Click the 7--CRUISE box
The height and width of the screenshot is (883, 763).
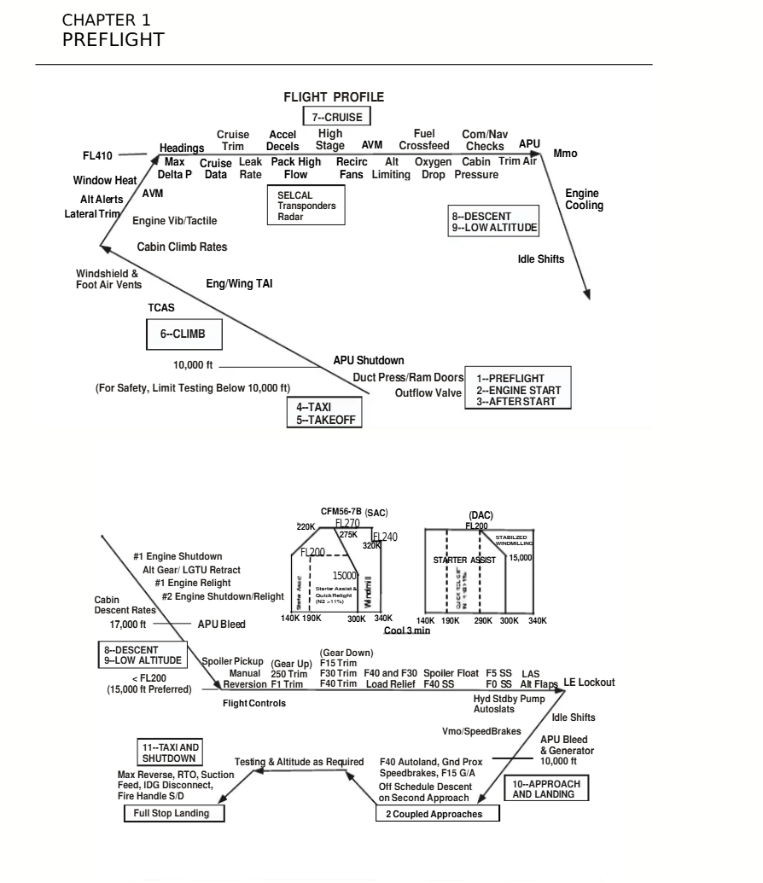337,116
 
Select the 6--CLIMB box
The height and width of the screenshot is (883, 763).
183,334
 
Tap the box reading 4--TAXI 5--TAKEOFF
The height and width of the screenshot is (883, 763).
324,414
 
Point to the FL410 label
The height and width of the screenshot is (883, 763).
96,155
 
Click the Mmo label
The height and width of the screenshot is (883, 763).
566,154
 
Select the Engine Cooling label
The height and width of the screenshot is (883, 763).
584,200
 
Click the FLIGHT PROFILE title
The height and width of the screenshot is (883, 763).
334,97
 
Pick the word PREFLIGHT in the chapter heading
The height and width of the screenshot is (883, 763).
114,39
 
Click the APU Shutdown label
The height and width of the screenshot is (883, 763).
369,361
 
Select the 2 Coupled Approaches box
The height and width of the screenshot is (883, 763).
438,814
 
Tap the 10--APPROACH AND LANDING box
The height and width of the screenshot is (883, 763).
544,788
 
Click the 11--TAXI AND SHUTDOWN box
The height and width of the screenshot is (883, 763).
168,752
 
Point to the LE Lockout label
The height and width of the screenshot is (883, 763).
589,683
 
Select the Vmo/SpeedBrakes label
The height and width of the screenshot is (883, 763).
476,731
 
